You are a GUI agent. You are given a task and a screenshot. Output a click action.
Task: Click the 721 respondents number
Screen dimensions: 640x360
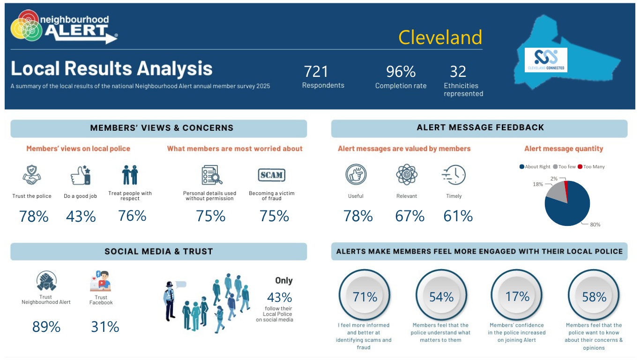coord(316,72)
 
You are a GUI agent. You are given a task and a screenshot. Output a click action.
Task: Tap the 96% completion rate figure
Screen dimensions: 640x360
coord(401,72)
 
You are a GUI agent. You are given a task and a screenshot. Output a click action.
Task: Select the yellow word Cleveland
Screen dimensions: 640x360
coord(440,37)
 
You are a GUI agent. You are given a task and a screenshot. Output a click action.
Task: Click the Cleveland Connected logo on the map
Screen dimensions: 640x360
coord(546,60)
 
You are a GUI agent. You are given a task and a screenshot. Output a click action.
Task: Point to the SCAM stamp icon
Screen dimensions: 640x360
coord(271,175)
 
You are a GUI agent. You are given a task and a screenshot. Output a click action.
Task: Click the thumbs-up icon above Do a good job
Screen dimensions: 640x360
coord(81,175)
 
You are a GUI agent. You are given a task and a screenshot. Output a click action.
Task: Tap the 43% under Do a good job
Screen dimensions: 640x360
coord(81,216)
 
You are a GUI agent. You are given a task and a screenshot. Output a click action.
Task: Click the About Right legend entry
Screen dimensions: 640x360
coord(535,167)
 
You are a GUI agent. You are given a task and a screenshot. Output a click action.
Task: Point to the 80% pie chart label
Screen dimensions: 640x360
coord(595,225)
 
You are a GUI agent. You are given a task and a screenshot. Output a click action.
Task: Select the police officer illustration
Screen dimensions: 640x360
coord(170,301)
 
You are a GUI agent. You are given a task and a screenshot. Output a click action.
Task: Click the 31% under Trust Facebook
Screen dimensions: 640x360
coord(105,327)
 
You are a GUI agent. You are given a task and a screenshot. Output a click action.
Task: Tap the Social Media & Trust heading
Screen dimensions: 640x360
coord(159,251)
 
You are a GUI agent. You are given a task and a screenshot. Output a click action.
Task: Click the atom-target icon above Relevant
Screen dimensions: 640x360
coord(407,174)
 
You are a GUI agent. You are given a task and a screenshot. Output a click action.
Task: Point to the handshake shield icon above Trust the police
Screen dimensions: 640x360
coord(32,175)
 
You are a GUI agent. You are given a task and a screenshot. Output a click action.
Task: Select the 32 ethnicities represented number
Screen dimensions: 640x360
coord(458,72)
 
